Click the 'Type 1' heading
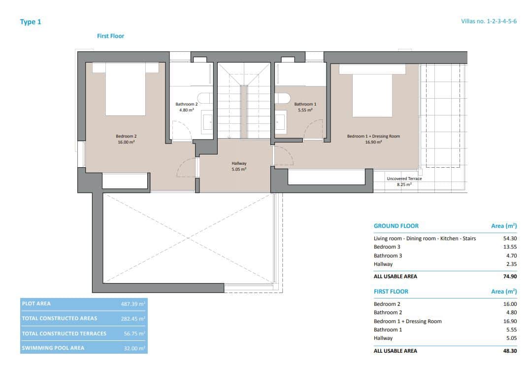(30, 22)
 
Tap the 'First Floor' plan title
(110, 36)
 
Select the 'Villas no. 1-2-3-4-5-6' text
(488, 22)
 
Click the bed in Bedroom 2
(126, 91)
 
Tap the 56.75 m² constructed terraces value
(134, 333)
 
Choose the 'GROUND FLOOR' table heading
(396, 226)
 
